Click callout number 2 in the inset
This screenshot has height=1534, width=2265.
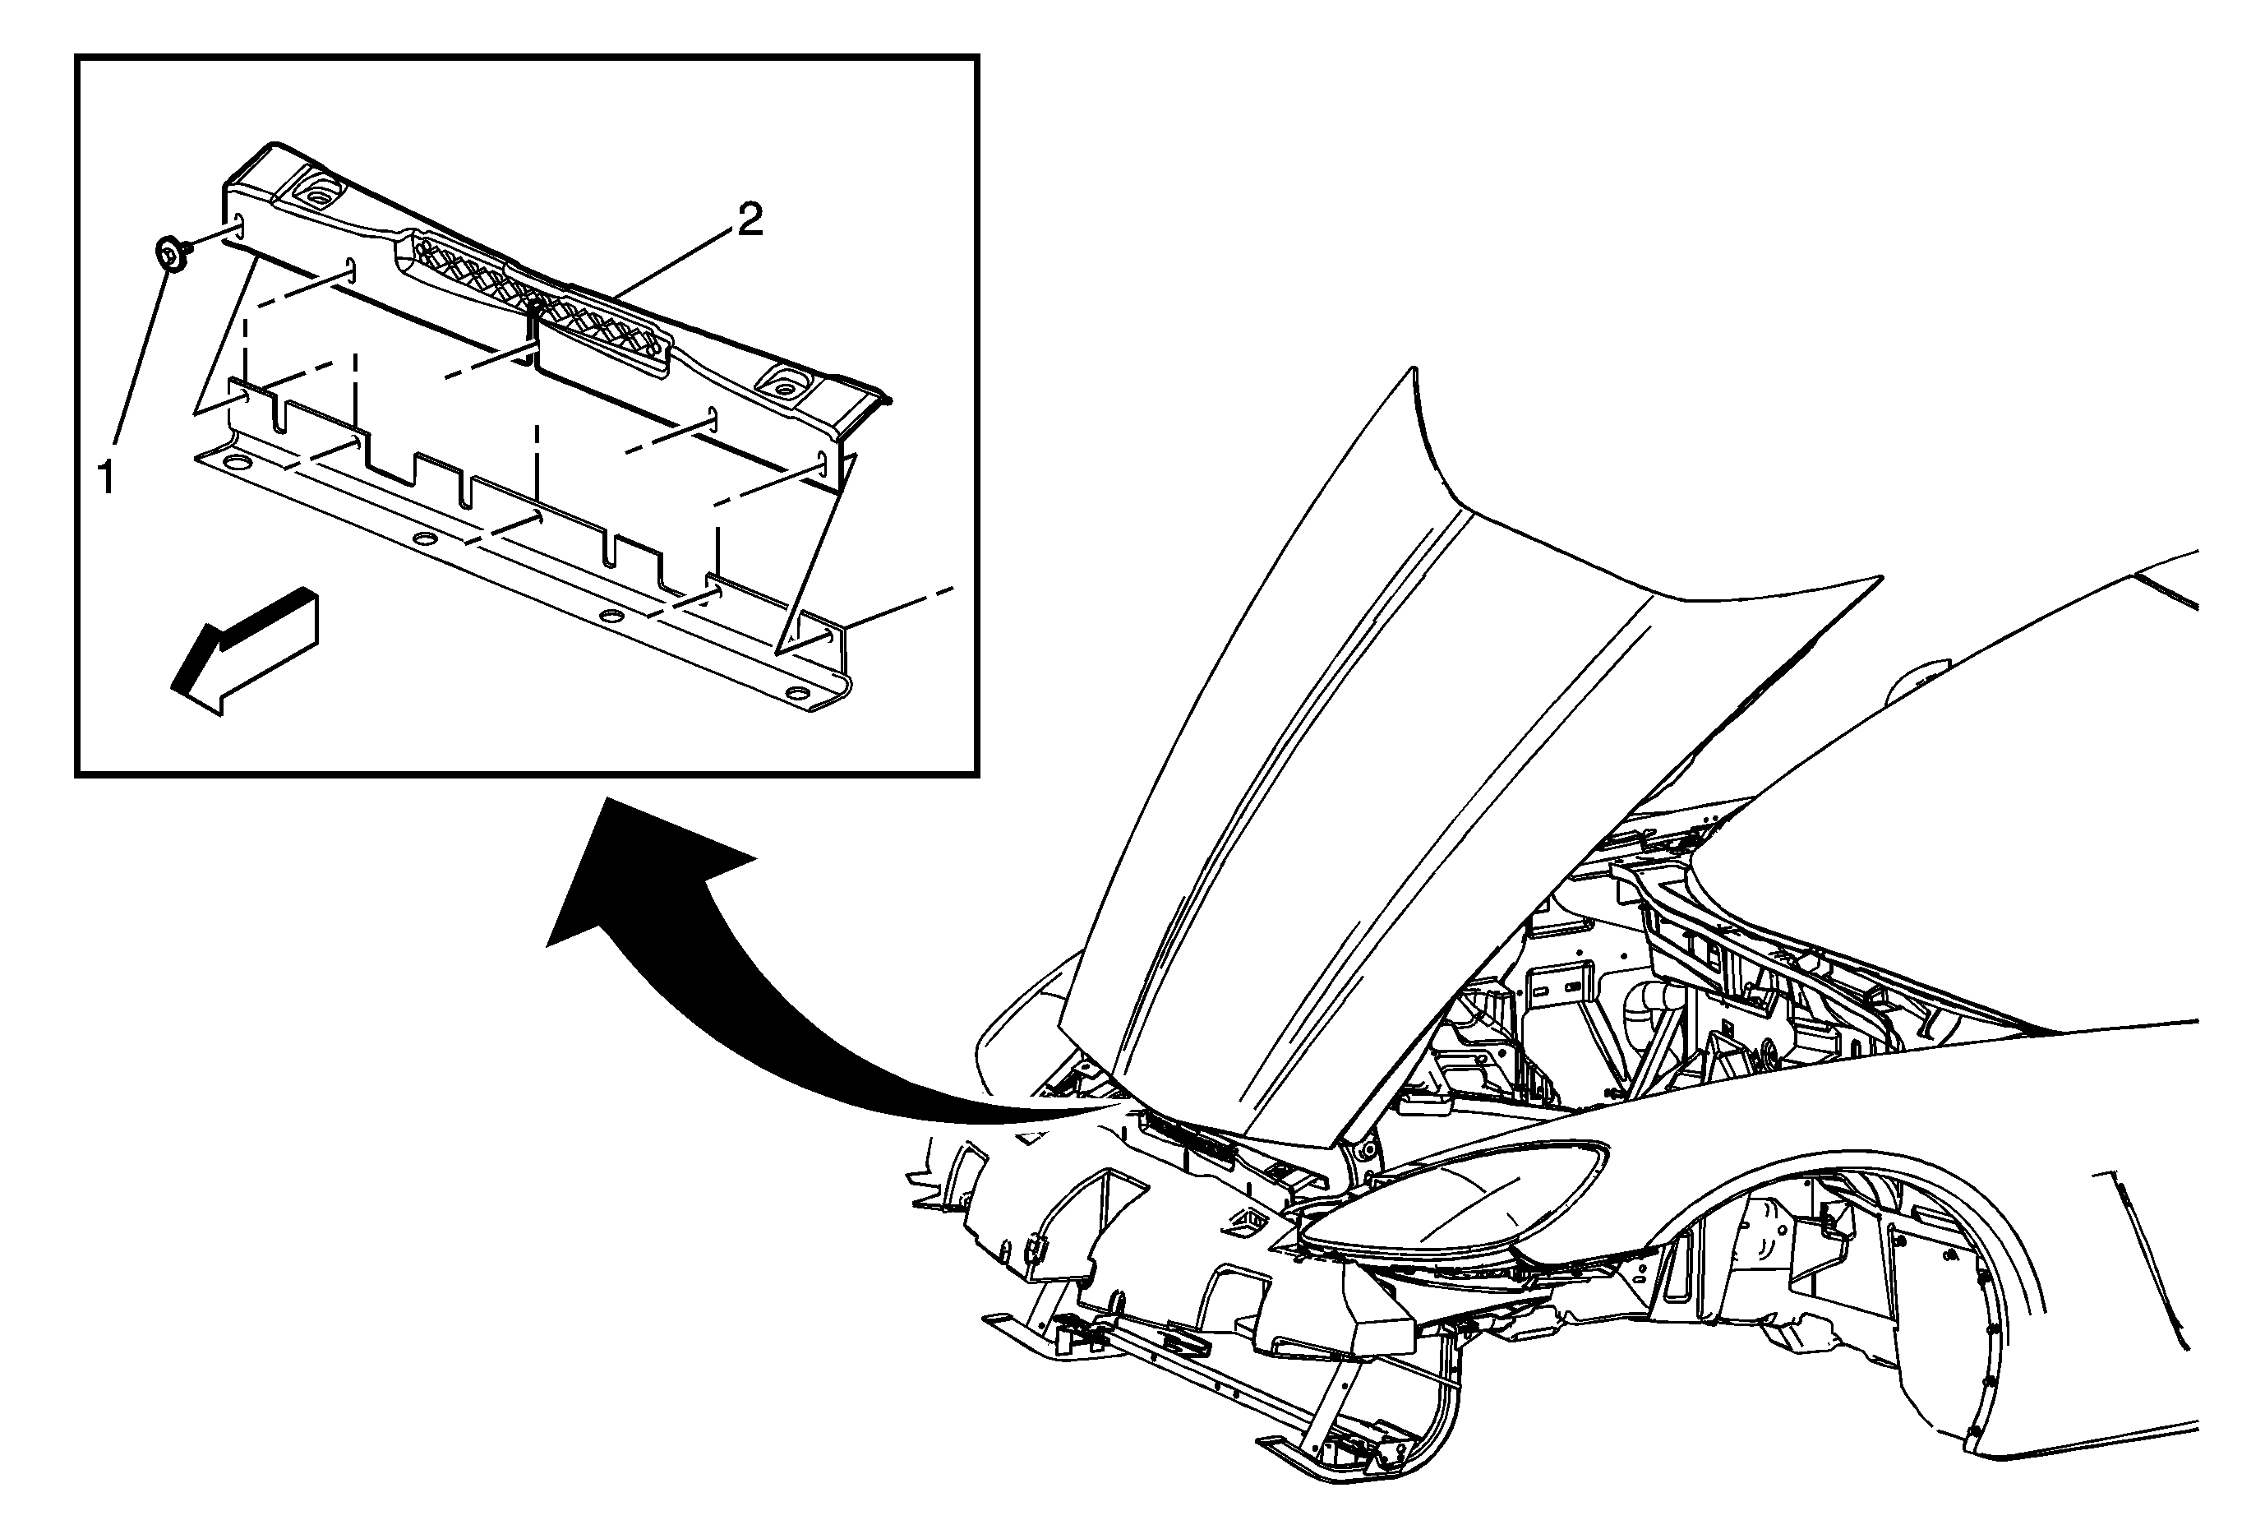coord(750,220)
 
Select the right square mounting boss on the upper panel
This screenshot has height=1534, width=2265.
coord(782,386)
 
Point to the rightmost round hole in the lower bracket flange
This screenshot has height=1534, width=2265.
coord(796,694)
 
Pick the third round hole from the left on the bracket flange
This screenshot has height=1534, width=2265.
coord(611,616)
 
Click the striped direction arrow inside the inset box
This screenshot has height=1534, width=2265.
coord(243,651)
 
